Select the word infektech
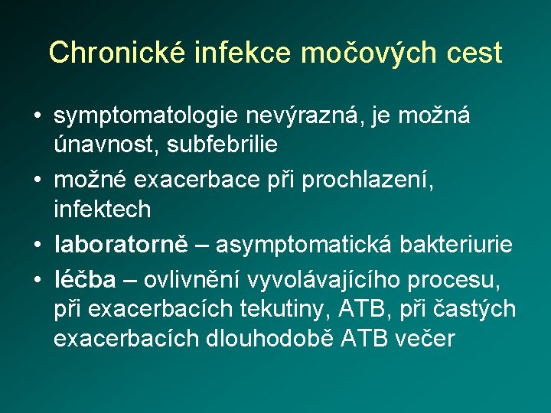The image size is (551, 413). tap(102, 208)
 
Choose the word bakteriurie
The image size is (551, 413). tap(458, 244)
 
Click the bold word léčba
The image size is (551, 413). tap(85, 280)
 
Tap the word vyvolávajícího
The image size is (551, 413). tap(334, 280)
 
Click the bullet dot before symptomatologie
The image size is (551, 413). tap(37, 117)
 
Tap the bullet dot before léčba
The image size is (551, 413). tap(37, 280)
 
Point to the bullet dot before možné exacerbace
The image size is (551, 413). tap(37, 180)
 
